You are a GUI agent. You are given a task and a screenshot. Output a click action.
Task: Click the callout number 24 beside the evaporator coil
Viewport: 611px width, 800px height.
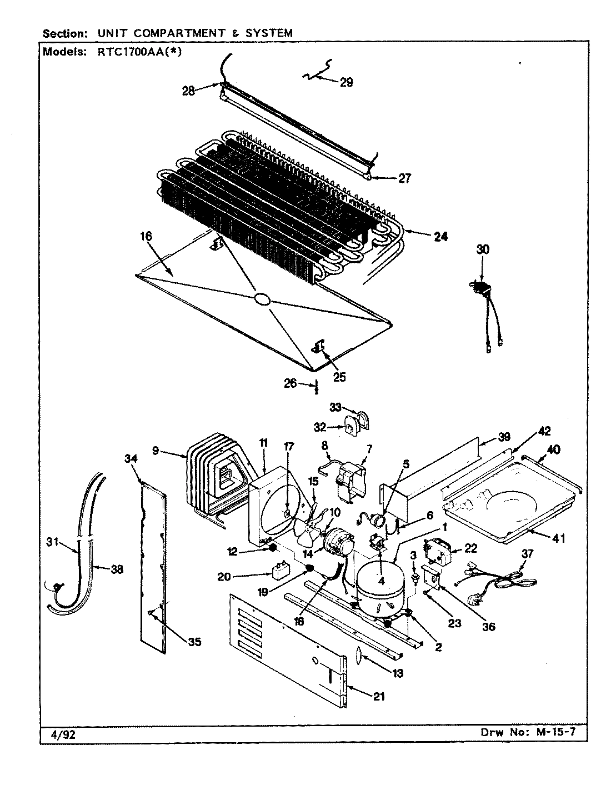coord(440,237)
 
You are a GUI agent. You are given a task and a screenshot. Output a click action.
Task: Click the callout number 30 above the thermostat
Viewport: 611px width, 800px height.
coord(483,250)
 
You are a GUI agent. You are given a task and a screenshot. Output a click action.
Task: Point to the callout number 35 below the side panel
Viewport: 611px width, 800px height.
coord(194,642)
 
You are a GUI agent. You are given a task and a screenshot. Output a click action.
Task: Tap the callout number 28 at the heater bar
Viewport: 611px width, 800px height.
coord(189,91)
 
